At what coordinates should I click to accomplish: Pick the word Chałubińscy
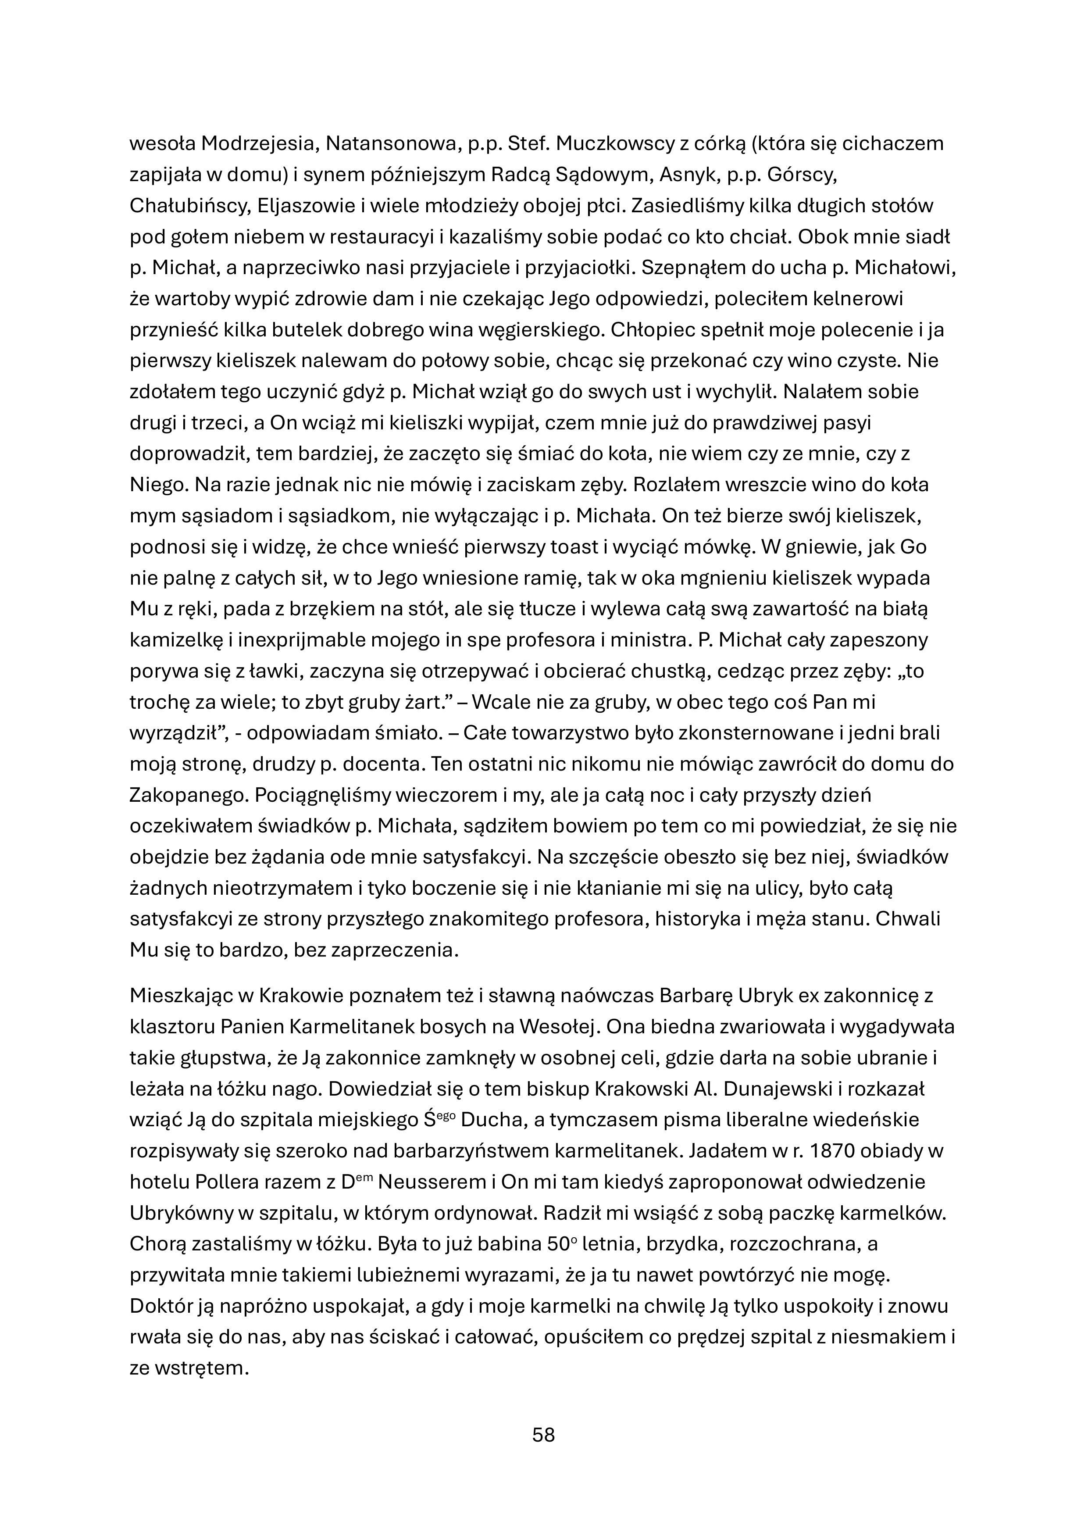[x=189, y=206]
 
